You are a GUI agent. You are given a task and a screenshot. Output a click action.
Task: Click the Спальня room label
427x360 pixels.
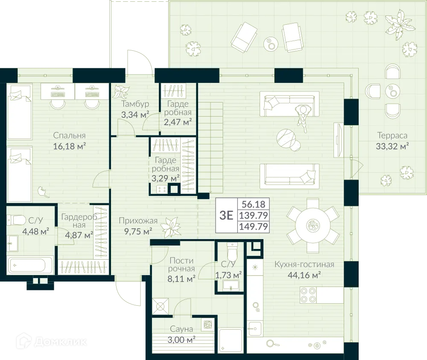pos(69,135)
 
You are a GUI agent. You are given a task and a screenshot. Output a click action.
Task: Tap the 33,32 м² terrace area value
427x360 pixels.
pos(392,146)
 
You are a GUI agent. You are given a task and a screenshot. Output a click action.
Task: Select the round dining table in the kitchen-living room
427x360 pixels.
pos(313,225)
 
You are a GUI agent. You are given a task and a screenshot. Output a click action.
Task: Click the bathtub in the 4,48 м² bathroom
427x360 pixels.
pos(30,264)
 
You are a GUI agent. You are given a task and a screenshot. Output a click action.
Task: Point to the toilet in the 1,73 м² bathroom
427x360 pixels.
pos(232,252)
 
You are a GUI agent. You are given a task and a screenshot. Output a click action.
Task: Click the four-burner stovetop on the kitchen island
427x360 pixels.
pos(308,295)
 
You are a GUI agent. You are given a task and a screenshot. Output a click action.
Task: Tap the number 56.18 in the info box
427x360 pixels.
pos(253,204)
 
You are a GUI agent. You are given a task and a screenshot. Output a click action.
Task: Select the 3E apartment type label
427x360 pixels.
pos(226,215)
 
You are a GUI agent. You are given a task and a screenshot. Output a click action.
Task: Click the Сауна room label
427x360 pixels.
pos(181,329)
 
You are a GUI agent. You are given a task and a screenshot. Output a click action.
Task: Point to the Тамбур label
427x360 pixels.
pos(135,104)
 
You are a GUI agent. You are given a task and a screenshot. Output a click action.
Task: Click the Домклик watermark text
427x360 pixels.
pos(61,342)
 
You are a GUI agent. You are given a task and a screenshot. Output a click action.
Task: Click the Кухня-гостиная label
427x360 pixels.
pos(304,264)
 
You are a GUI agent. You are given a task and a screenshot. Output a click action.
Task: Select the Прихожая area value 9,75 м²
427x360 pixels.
pos(138,231)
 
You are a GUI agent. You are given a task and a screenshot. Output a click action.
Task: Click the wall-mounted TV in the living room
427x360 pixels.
pos(338,140)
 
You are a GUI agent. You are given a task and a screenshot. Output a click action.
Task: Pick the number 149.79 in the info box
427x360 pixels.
pos(254,227)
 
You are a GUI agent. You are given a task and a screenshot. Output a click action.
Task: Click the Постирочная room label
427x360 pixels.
pos(181,265)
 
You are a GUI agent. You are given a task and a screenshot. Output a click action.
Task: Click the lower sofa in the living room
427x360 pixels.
pos(289,176)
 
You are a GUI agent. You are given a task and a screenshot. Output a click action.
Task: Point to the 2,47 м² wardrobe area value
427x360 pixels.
pos(178,122)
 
